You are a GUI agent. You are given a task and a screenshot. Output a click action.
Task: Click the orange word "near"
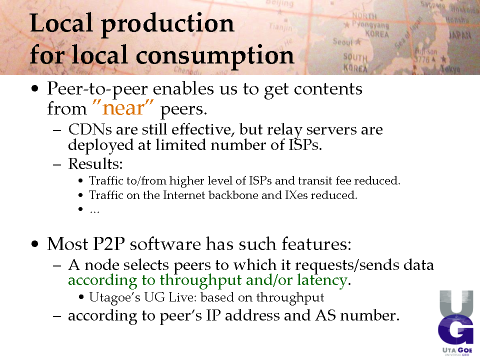[123, 108]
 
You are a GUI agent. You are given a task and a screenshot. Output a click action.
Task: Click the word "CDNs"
[90, 129]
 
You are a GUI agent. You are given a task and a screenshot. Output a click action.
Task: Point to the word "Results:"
[95, 164]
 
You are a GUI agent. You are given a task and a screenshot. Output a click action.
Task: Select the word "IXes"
[296, 195]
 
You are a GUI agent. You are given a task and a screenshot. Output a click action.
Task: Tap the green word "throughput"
[201, 280]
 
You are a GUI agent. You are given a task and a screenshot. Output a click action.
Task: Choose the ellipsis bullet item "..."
[94, 210]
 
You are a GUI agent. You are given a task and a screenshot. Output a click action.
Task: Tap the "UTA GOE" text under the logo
[457, 350]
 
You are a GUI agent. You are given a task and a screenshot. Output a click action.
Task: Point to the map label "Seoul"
[342, 41]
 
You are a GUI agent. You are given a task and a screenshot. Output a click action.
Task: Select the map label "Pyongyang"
[370, 24]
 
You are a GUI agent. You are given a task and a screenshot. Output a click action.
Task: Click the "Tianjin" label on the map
[280, 27]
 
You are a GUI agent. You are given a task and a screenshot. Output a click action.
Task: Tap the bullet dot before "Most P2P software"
[35, 244]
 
